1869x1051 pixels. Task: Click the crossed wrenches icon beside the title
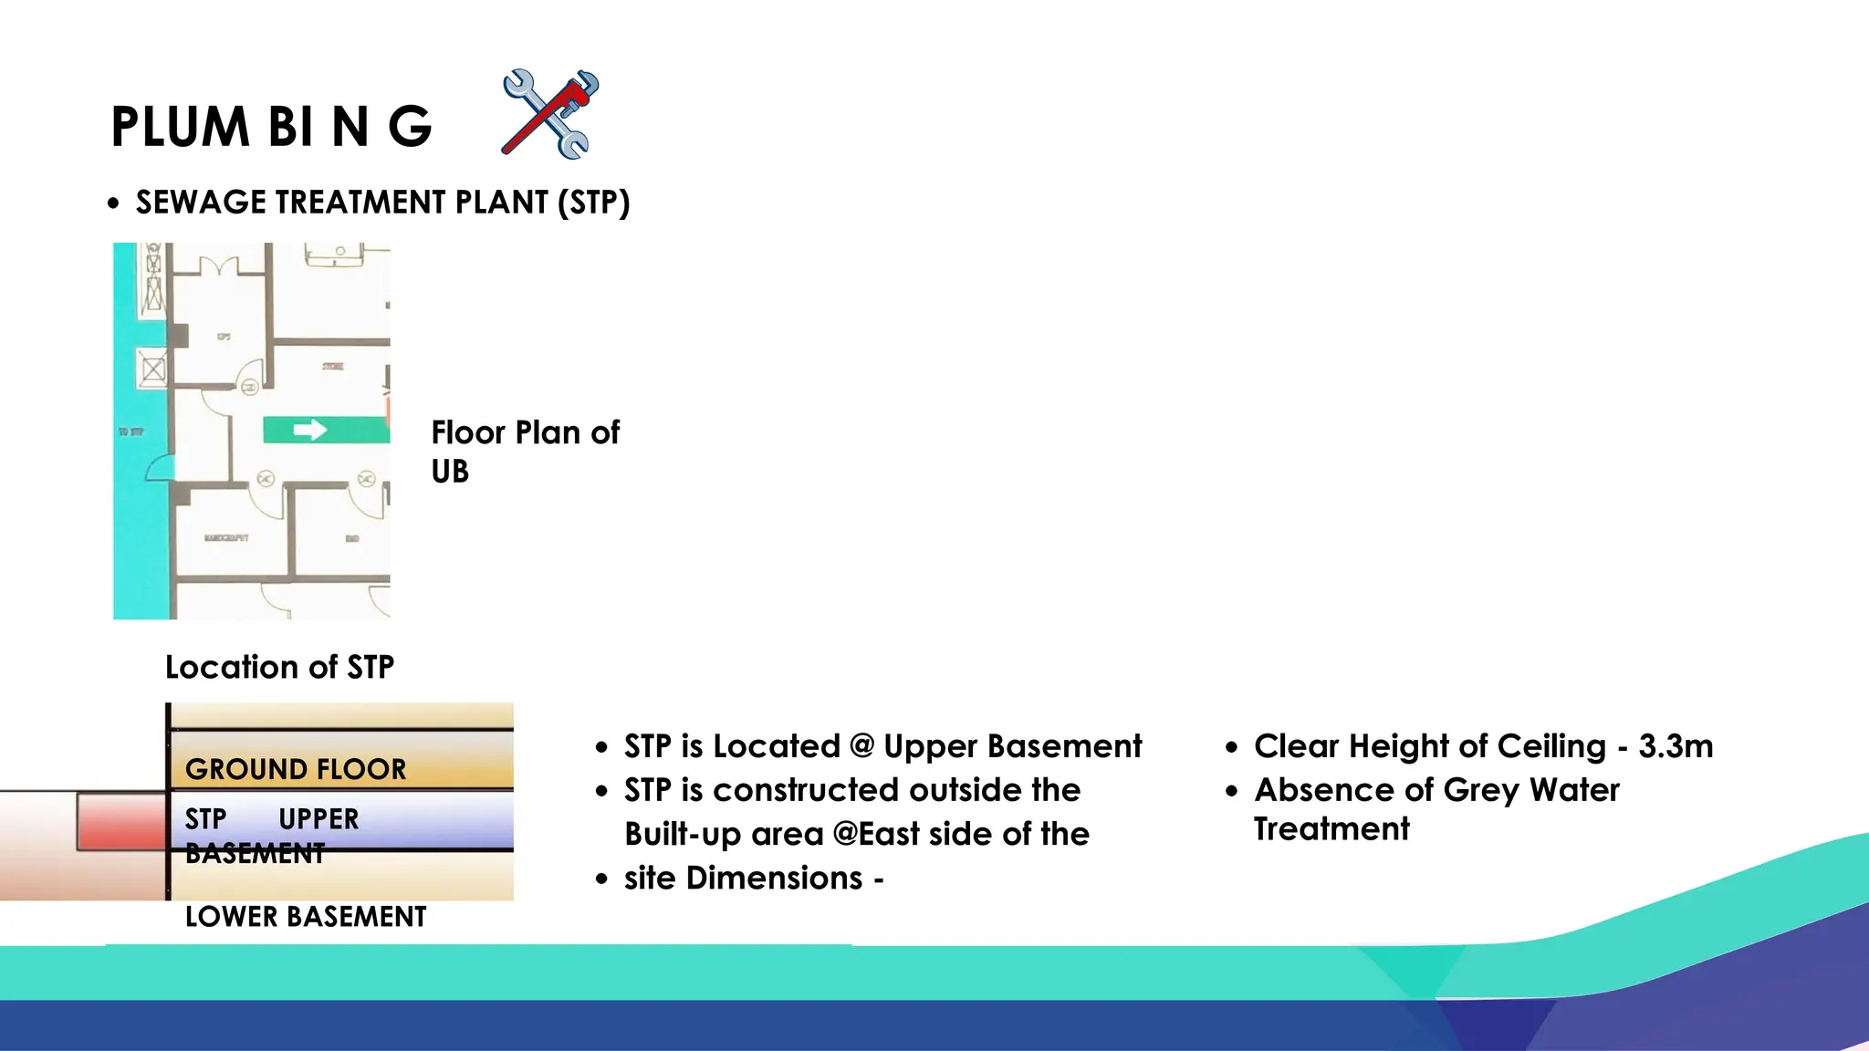click(x=550, y=114)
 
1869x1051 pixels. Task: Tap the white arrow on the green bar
click(x=310, y=430)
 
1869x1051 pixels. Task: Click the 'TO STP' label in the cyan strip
click(x=131, y=431)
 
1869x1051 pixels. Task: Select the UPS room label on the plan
click(x=224, y=337)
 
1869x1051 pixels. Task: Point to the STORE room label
click(x=333, y=366)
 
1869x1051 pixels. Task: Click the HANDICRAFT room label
click(x=226, y=538)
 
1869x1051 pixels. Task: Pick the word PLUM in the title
click(x=180, y=127)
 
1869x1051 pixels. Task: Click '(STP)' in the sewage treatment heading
click(x=594, y=203)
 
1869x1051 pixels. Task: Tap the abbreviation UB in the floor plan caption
click(x=450, y=472)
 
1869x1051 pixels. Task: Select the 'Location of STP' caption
click(x=279, y=667)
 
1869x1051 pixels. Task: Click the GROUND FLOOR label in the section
click(x=296, y=769)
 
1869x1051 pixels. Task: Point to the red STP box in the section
click(x=121, y=821)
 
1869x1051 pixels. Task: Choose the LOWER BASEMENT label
click(x=305, y=916)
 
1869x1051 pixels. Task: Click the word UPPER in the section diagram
click(x=318, y=819)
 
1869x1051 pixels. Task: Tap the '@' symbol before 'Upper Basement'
click(x=861, y=746)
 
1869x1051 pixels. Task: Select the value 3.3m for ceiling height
click(x=1676, y=746)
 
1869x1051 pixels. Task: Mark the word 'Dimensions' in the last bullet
click(x=774, y=878)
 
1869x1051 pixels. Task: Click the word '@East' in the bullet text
click(x=877, y=834)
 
